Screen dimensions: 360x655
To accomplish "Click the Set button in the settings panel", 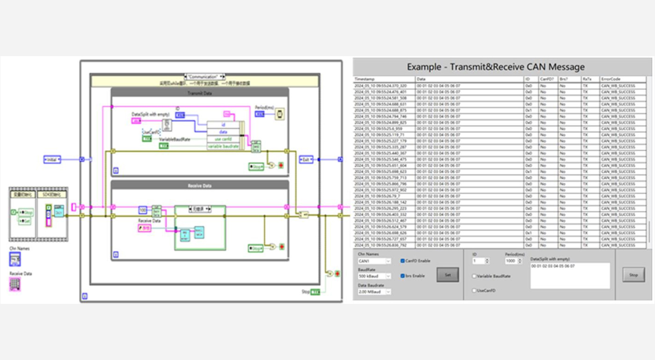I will coord(447,275).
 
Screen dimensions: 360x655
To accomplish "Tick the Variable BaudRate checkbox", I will coord(474,276).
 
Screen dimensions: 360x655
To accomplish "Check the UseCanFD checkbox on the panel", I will coord(474,291).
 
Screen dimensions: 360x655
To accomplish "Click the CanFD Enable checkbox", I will coord(403,261).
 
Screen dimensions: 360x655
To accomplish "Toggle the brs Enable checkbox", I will coord(403,276).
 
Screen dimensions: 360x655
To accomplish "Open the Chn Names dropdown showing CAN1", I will coord(374,261).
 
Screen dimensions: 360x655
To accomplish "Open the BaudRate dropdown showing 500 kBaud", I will coord(374,276).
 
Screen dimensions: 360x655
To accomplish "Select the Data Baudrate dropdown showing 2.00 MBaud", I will coord(374,292).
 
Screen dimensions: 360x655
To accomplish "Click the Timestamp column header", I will coord(364,80).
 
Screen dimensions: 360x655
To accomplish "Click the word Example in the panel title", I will coord(424,67).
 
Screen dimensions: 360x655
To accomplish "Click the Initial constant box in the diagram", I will coord(52,160).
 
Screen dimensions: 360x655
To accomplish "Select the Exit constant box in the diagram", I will coord(306,160).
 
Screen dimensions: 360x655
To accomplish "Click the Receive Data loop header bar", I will coord(200,186).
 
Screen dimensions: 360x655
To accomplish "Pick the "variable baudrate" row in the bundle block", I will coord(223,147).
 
